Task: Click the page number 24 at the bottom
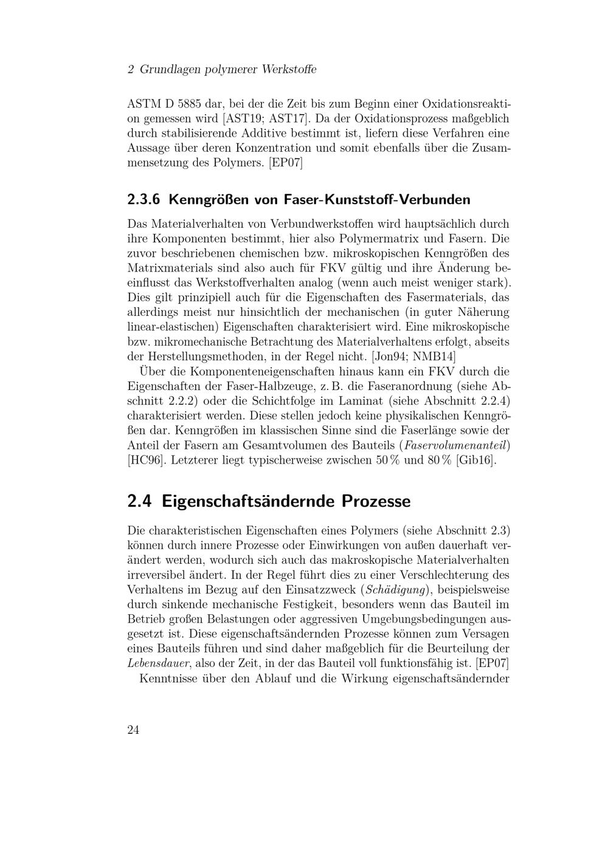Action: click(133, 730)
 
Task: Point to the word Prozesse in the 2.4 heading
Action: click(376, 502)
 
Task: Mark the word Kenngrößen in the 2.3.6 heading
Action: click(204, 199)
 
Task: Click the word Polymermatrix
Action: click(378, 239)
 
